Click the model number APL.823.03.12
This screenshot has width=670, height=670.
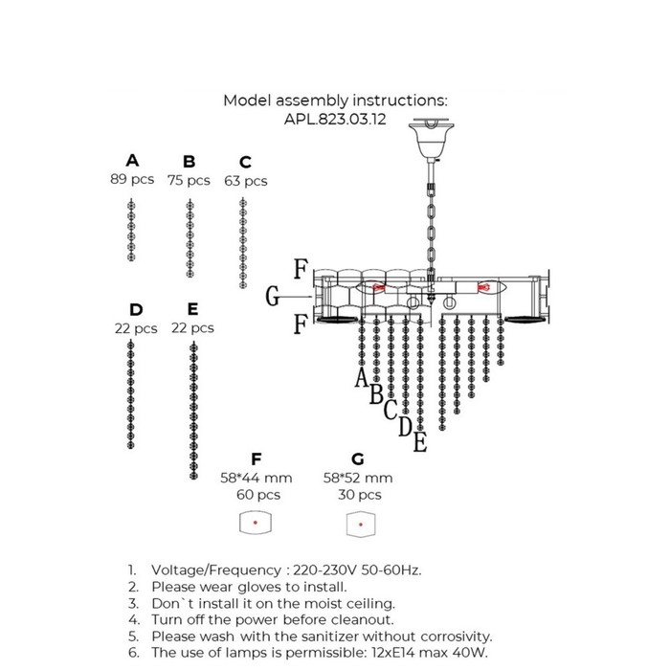[x=335, y=119]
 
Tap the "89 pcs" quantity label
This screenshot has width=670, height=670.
[x=132, y=179]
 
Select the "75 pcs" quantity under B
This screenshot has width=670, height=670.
[x=189, y=180]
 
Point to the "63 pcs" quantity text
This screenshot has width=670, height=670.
[x=246, y=181]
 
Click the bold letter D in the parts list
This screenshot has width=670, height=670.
[x=136, y=309]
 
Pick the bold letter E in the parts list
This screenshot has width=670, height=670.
[x=192, y=309]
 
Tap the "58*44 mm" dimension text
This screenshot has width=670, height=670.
[x=257, y=478]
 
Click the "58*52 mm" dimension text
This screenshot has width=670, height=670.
[x=358, y=478]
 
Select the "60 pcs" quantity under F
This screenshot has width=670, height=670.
[x=258, y=495]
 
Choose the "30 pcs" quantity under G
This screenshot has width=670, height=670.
[x=359, y=495]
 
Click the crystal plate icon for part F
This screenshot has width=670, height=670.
[x=256, y=523]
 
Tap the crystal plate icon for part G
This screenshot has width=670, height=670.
[x=361, y=525]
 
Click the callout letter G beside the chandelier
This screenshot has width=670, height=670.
[x=272, y=296]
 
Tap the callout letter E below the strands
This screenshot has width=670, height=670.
[x=420, y=442]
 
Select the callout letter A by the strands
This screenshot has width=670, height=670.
[x=362, y=377]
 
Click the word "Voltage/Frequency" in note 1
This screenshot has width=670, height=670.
[x=216, y=570]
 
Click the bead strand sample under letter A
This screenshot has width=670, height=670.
[x=132, y=230]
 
